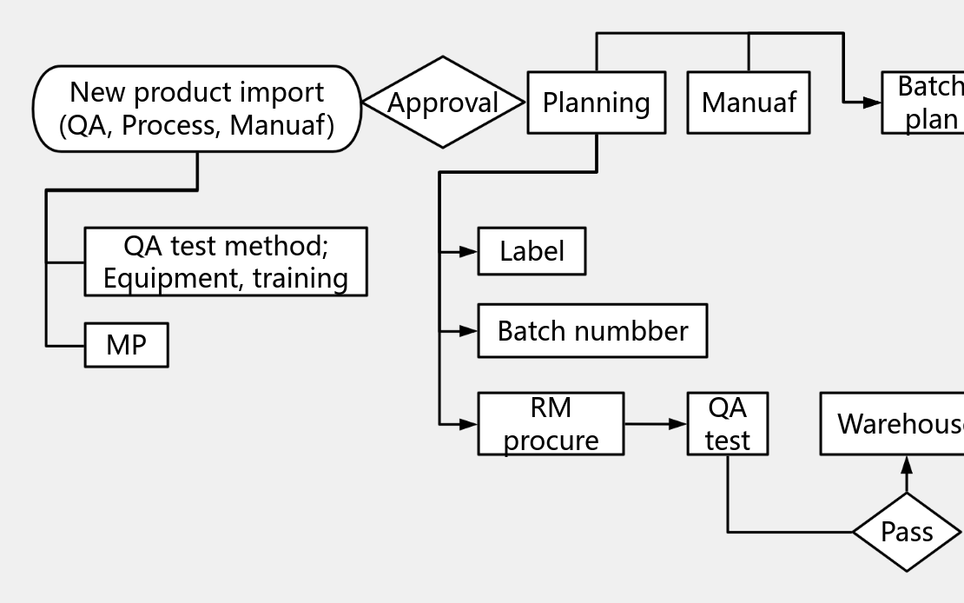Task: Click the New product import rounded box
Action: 196,109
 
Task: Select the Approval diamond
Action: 443,103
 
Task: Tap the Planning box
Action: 596,103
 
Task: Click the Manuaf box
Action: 748,103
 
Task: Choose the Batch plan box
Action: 925,103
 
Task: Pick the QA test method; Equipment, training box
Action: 225,262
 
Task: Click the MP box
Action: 126,345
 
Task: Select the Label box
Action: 532,251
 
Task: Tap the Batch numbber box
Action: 592,330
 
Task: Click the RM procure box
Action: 551,424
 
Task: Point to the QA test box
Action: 727,424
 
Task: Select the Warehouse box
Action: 895,424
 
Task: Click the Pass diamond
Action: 907,532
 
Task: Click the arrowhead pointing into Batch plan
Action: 872,103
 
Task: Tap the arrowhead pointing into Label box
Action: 468,251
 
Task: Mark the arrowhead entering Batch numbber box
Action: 468,330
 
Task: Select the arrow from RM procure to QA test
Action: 656,424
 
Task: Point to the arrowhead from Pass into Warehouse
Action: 907,465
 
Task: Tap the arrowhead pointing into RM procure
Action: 468,424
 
